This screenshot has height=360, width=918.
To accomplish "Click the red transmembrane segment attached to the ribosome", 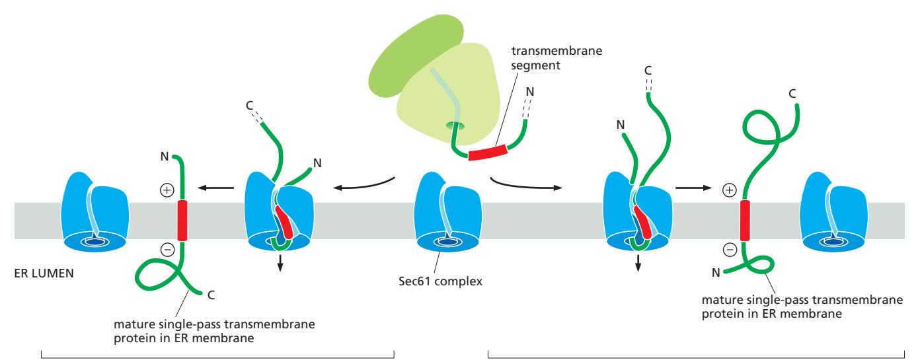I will click(x=488, y=153).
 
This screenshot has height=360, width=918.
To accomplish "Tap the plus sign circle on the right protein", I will click(x=729, y=190).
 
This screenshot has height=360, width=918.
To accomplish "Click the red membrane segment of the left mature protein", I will click(x=182, y=221).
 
